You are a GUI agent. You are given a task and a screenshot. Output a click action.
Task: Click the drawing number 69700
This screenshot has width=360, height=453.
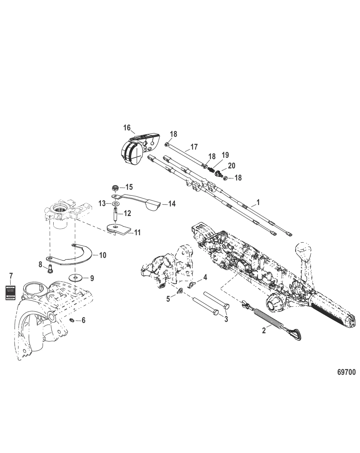pos(346,372)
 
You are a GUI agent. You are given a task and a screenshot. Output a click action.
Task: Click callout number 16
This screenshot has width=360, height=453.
pos(127,128)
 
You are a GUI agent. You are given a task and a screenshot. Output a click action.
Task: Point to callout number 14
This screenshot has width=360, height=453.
pos(172,204)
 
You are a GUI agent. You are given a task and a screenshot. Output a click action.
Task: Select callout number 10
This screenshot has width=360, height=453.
pos(102,255)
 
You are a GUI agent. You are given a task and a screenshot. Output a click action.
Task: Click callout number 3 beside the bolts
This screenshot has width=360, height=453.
pos(226,319)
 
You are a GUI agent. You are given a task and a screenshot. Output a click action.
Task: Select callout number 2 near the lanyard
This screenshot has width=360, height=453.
pos(263,330)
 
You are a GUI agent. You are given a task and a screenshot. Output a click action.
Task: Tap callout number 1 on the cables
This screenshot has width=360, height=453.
pos(258,203)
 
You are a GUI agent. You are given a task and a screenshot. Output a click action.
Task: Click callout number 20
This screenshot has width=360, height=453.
pos(231,166)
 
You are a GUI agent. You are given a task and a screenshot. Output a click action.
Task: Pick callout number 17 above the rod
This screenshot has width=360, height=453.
pos(194,146)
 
